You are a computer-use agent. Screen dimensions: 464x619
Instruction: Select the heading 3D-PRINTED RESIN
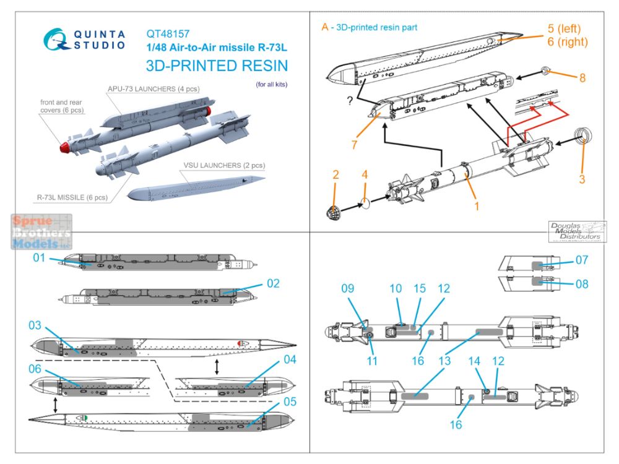[x=217, y=66]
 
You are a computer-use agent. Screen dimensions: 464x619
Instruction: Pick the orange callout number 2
[x=335, y=175]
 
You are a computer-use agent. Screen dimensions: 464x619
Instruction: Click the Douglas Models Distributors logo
[x=578, y=231]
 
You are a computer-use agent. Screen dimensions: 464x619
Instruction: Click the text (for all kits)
[x=272, y=84]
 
